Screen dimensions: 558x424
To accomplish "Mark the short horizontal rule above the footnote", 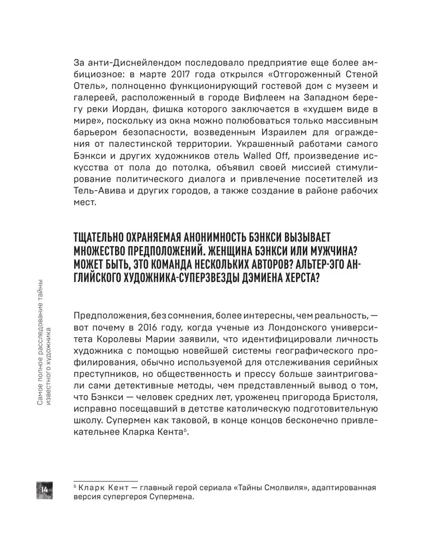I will click(x=106, y=480).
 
